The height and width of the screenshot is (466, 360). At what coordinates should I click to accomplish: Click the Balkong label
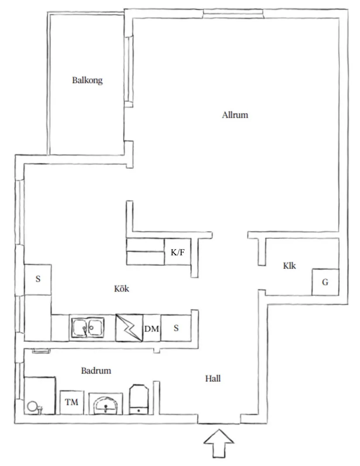pos(87,80)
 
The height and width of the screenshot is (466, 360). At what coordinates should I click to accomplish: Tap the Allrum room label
pos(235,115)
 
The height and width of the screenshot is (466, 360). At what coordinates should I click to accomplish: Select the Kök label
pos(122,288)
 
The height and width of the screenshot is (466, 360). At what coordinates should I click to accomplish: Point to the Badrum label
pos(96,370)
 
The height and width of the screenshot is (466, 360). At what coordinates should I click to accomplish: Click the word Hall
pos(213,378)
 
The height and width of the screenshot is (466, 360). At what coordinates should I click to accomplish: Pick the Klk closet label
pos(289,265)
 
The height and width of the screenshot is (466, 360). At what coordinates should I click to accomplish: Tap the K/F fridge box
pos(178,252)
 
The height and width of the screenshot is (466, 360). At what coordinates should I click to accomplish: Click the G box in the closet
pos(325,282)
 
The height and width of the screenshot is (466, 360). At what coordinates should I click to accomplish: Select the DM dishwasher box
pos(151,328)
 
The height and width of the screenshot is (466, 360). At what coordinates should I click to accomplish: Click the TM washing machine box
pos(72,402)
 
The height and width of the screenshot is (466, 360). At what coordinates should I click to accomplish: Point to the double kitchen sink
pos(87,328)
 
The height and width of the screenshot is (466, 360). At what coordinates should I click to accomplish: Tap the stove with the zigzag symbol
pos(129,328)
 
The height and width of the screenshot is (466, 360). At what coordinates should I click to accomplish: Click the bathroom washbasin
pos(106,404)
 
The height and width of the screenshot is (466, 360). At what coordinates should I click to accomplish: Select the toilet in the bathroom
pos(139,399)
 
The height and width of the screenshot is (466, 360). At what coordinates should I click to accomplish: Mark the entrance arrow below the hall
pos(219,443)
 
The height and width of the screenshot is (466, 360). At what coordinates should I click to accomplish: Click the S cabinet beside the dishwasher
pos(176,328)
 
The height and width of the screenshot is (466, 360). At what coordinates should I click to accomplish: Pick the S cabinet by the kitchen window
pos(38,279)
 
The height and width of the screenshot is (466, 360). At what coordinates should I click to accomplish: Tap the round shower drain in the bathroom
pos(32,406)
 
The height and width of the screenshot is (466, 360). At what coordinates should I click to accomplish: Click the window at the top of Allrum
pos(233,14)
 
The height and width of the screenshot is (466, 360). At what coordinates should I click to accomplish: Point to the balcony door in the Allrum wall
pos(129,71)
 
